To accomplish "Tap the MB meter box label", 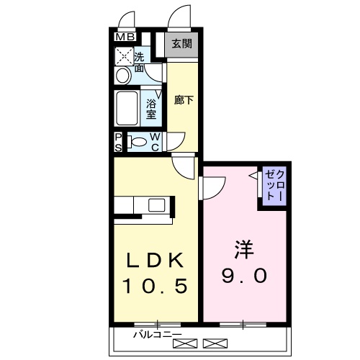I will tap(125, 37).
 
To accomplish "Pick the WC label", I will tap(155, 142).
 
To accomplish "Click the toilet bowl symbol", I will tap(138, 142).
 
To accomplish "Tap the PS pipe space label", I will tap(118, 142).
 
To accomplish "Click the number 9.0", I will tap(243, 276).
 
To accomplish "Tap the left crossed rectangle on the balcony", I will tap(184, 342).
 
